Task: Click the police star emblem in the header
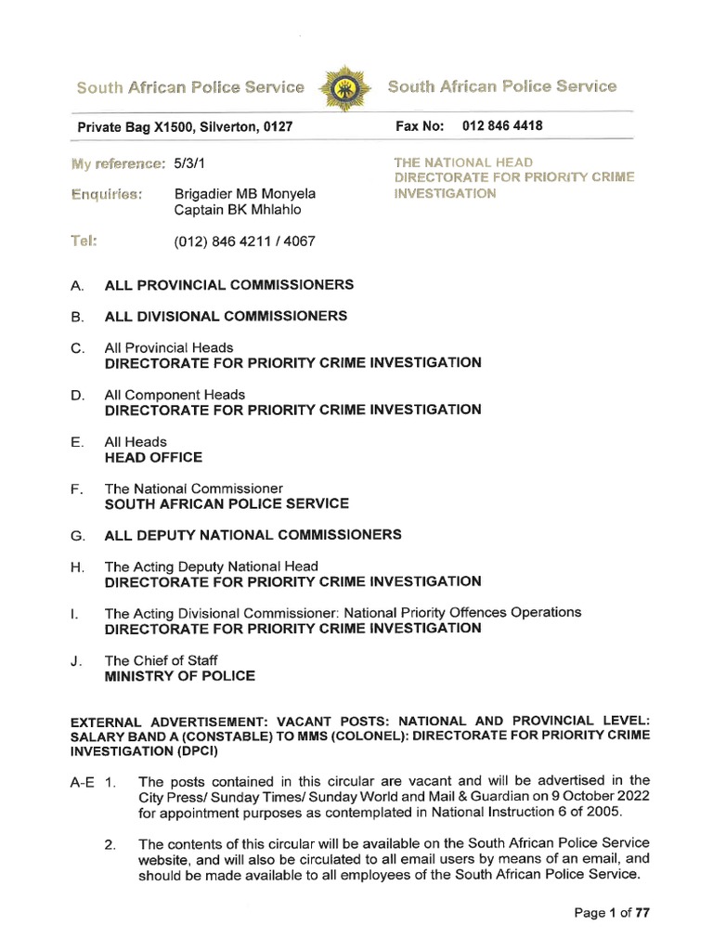[x=345, y=88]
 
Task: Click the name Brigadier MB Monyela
[x=245, y=194]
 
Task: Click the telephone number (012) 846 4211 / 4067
[x=244, y=241]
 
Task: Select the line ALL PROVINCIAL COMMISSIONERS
[x=228, y=284]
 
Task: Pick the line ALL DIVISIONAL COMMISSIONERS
[x=226, y=316]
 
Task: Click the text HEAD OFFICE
[x=153, y=457]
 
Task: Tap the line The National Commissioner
[x=193, y=489]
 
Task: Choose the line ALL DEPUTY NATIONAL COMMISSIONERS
[x=253, y=535]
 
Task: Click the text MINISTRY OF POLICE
[x=179, y=676]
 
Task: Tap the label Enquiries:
[x=106, y=194]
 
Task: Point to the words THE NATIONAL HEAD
[x=463, y=163]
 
